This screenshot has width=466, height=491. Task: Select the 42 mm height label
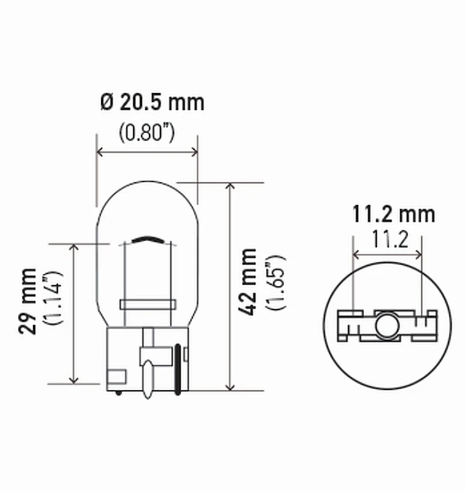[249, 282]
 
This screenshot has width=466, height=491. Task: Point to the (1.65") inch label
[274, 282]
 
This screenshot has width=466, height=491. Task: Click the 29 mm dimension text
[28, 301]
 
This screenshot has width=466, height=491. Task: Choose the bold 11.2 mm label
[393, 214]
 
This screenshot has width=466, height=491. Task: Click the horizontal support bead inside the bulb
[147, 304]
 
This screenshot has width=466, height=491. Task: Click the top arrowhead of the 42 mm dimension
[230, 187]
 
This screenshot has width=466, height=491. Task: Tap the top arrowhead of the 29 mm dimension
[74, 247]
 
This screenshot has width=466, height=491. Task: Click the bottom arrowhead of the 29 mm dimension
[74, 380]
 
